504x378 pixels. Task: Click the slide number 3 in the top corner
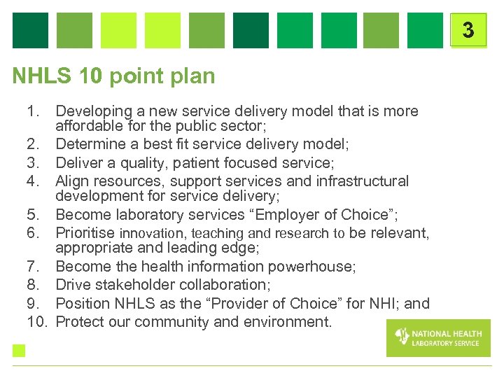(x=468, y=30)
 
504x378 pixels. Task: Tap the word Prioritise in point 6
(x=85, y=233)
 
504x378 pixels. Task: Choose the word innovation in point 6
(x=150, y=233)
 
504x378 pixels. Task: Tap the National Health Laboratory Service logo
(x=438, y=337)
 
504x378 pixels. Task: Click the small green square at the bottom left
(x=18, y=351)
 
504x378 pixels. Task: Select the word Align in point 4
(x=72, y=181)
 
